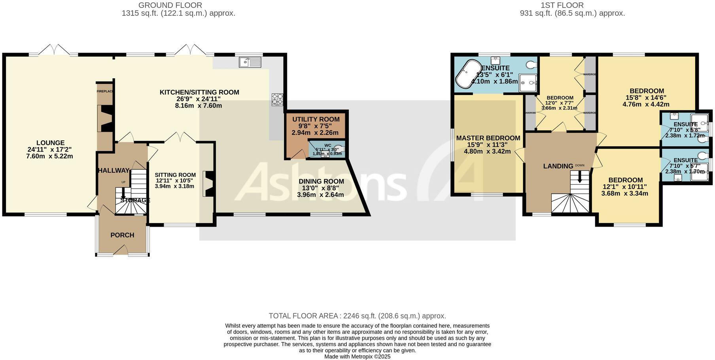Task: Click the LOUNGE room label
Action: coord(51,143)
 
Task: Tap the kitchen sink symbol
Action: coord(250,62)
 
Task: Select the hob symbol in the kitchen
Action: coord(278,99)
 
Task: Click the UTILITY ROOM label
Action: coord(316,119)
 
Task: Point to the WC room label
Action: coord(327,145)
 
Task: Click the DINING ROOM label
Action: coord(321,182)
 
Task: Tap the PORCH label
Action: coord(122,235)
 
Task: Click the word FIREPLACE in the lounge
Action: coord(105,91)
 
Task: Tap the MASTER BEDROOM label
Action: coord(488,138)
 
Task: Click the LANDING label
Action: coord(558,166)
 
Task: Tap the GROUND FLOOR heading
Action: coord(170,5)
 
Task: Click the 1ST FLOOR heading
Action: coord(562,5)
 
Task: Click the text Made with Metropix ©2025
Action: coord(357,356)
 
